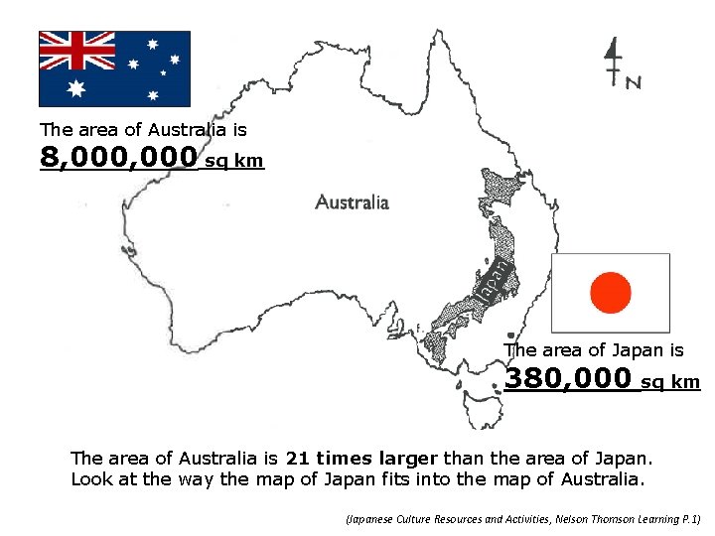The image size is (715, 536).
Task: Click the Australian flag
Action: click(114, 68)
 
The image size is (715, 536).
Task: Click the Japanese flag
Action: click(610, 292)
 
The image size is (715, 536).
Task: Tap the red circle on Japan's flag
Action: click(610, 293)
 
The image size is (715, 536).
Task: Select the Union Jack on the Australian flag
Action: click(77, 50)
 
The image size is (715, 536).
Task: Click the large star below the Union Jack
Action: click(76, 88)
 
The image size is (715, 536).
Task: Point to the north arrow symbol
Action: click(613, 62)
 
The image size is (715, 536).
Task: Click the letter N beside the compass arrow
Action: click(633, 83)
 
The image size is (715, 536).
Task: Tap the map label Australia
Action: click(353, 202)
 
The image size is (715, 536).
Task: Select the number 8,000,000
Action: click(118, 157)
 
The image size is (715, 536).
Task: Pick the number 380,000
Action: click(568, 378)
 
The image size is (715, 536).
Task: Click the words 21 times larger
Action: click(361, 459)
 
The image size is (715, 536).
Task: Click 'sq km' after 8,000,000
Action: click(234, 162)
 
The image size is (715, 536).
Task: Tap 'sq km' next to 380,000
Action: click(670, 382)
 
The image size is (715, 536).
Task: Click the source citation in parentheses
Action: click(522, 519)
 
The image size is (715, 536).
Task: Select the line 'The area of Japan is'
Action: click(593, 350)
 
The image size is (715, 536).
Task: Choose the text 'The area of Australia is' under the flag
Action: click(143, 129)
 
